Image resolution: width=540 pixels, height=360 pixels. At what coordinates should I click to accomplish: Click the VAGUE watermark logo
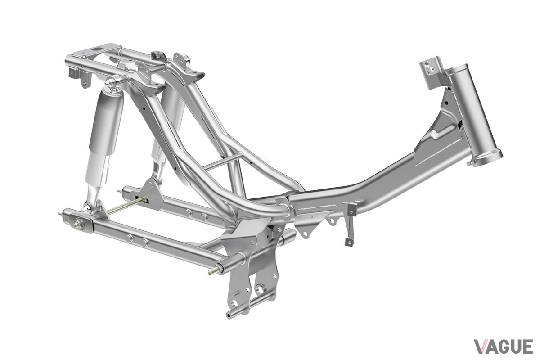click(504, 346)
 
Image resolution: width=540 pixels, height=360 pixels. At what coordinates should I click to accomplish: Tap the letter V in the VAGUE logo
click(480, 346)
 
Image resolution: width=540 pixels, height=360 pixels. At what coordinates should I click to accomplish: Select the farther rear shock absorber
click(169, 126)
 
